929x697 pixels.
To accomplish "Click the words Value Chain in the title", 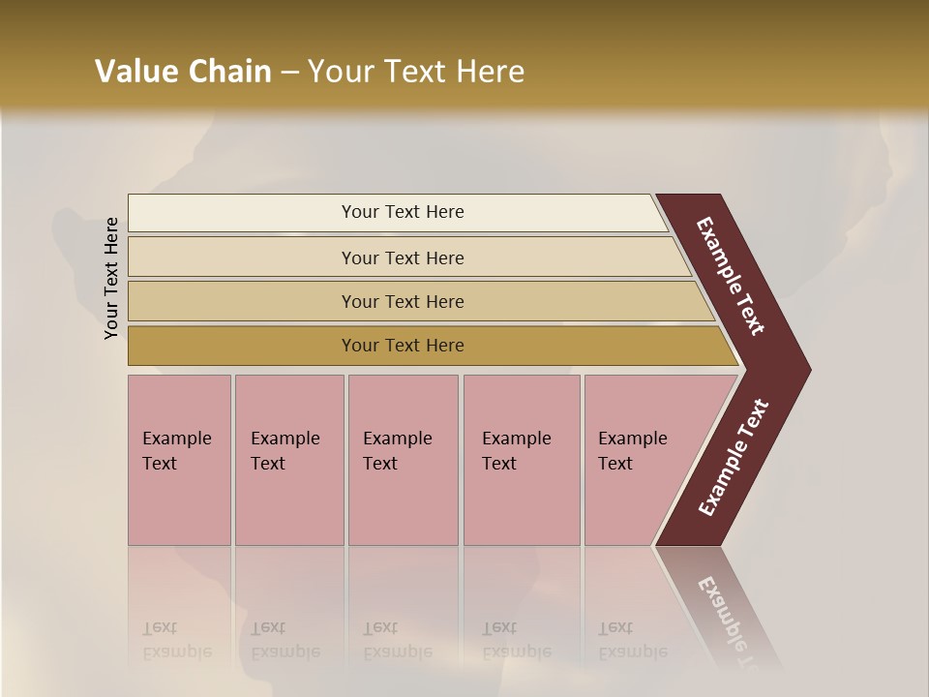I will [183, 72].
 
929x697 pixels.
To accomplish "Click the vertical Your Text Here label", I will [111, 278].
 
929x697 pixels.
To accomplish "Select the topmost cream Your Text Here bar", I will [402, 212].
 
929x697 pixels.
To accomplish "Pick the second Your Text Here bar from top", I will [402, 258].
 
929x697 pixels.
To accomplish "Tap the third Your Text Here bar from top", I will [402, 301].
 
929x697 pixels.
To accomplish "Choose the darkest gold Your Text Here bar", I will [402, 346].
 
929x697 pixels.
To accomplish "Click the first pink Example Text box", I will [179, 460].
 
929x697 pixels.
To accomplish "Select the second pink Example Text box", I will [288, 460].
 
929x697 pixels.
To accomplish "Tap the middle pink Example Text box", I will [403, 460].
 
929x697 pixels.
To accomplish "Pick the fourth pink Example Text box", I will [521, 460].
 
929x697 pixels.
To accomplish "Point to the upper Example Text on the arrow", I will [732, 276].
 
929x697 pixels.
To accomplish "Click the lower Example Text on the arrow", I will [733, 458].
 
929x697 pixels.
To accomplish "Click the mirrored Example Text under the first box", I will [176, 640].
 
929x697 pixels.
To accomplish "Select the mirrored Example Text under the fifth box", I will [633, 640].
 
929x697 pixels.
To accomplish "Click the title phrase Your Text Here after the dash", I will [416, 72].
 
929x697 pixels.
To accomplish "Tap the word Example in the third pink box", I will [397, 439].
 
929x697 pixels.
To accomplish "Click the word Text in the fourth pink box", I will [499, 464].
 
